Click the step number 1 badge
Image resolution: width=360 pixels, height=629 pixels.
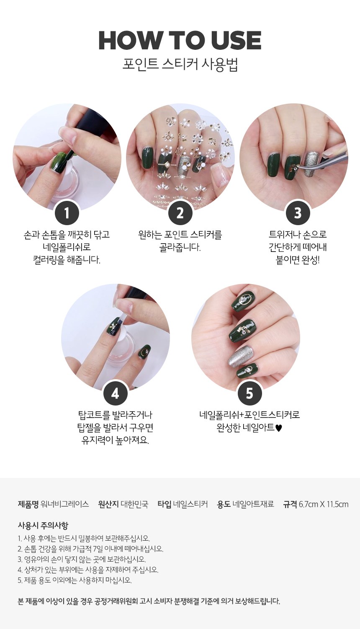[x=67, y=213]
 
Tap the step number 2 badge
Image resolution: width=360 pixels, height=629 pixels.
[x=180, y=213]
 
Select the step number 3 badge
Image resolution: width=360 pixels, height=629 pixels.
[x=298, y=213]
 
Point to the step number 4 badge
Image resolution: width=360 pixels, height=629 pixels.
[x=115, y=393]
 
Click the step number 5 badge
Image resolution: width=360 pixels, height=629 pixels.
[x=249, y=393]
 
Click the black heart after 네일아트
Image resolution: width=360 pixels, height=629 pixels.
[x=278, y=428]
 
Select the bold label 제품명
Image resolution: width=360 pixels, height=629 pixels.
[x=28, y=504]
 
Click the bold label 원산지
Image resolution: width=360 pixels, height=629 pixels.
[x=108, y=504]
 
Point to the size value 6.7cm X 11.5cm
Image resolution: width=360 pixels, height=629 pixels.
[x=324, y=504]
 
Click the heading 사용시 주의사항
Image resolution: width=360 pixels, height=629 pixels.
[x=43, y=525]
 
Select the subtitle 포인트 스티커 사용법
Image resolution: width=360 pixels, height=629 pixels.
[x=180, y=65]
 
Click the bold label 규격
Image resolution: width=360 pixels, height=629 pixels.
[x=290, y=504]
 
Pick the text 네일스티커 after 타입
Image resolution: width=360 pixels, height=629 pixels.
[x=190, y=504]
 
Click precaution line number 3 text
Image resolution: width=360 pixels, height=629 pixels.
[x=82, y=559]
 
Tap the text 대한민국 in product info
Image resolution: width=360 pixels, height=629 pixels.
[x=134, y=504]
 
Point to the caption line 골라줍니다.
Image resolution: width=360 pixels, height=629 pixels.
[x=180, y=247]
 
